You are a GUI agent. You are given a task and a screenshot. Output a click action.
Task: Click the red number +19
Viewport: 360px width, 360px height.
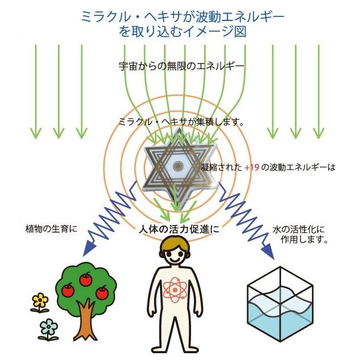click(251, 168)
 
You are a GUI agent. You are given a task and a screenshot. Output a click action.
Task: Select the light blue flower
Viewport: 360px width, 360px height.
click(49, 328)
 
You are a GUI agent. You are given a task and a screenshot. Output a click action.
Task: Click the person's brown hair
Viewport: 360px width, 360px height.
click(178, 243)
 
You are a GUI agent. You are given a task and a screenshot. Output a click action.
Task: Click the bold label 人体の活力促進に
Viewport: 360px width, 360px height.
click(178, 230)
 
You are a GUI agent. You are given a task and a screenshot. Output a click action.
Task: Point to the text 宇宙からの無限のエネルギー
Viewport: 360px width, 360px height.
click(181, 66)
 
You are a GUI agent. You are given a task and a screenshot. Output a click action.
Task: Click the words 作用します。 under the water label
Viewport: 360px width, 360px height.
click(304, 240)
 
